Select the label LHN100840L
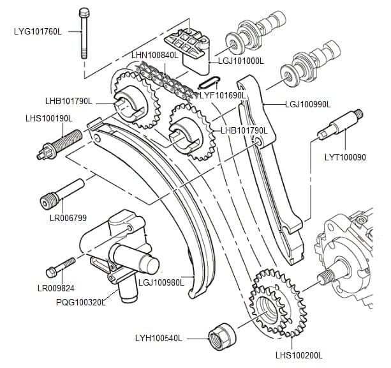(x=155, y=56)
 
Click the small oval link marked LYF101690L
(x=211, y=82)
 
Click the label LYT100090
(x=345, y=157)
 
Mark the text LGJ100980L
(x=161, y=282)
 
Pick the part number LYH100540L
(x=159, y=337)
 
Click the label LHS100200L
(x=299, y=355)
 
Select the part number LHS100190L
(x=49, y=118)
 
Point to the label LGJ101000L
(x=240, y=61)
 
